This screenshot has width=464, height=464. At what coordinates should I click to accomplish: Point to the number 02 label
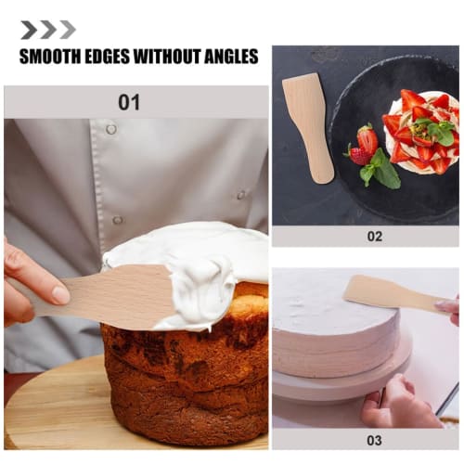[374, 236]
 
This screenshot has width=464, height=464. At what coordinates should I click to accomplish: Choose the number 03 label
[374, 440]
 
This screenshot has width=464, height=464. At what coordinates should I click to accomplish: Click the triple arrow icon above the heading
[48, 30]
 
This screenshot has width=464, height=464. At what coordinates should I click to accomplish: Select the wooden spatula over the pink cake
[390, 294]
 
